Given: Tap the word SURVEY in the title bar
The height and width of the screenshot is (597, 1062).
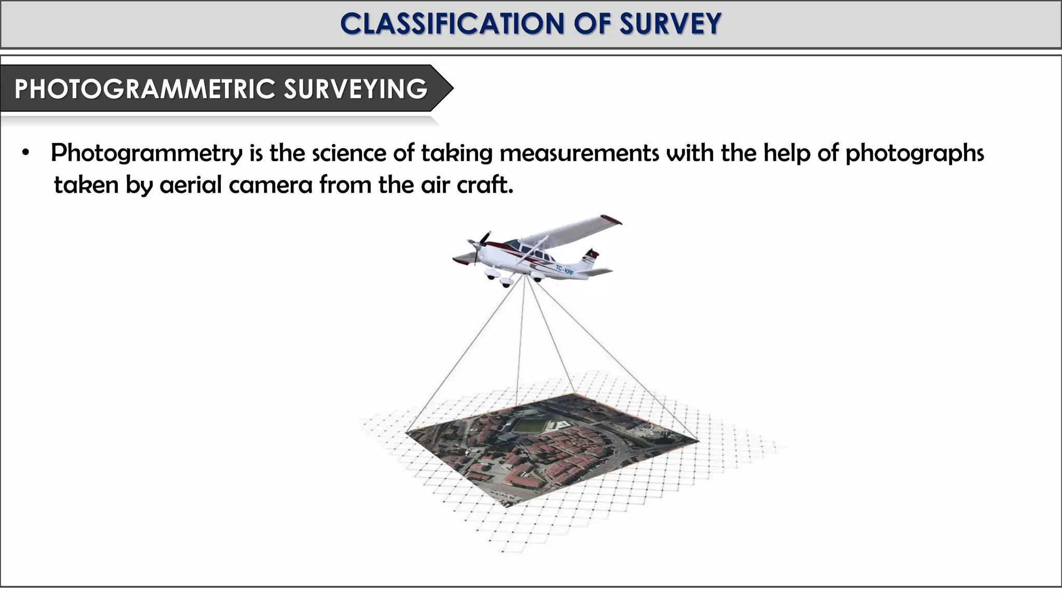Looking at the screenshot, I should tap(670, 24).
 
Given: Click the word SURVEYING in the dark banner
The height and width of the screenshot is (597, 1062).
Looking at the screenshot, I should tap(355, 89).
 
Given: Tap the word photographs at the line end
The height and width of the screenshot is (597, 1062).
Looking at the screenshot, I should tap(915, 154).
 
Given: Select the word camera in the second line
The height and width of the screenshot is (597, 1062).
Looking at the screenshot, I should tap(270, 185).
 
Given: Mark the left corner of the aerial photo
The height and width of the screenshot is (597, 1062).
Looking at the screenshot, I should tap(407, 431).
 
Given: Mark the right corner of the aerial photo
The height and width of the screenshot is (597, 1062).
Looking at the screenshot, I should tap(698, 440).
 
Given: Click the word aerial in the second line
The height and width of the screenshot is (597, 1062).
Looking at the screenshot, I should tap(190, 185).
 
